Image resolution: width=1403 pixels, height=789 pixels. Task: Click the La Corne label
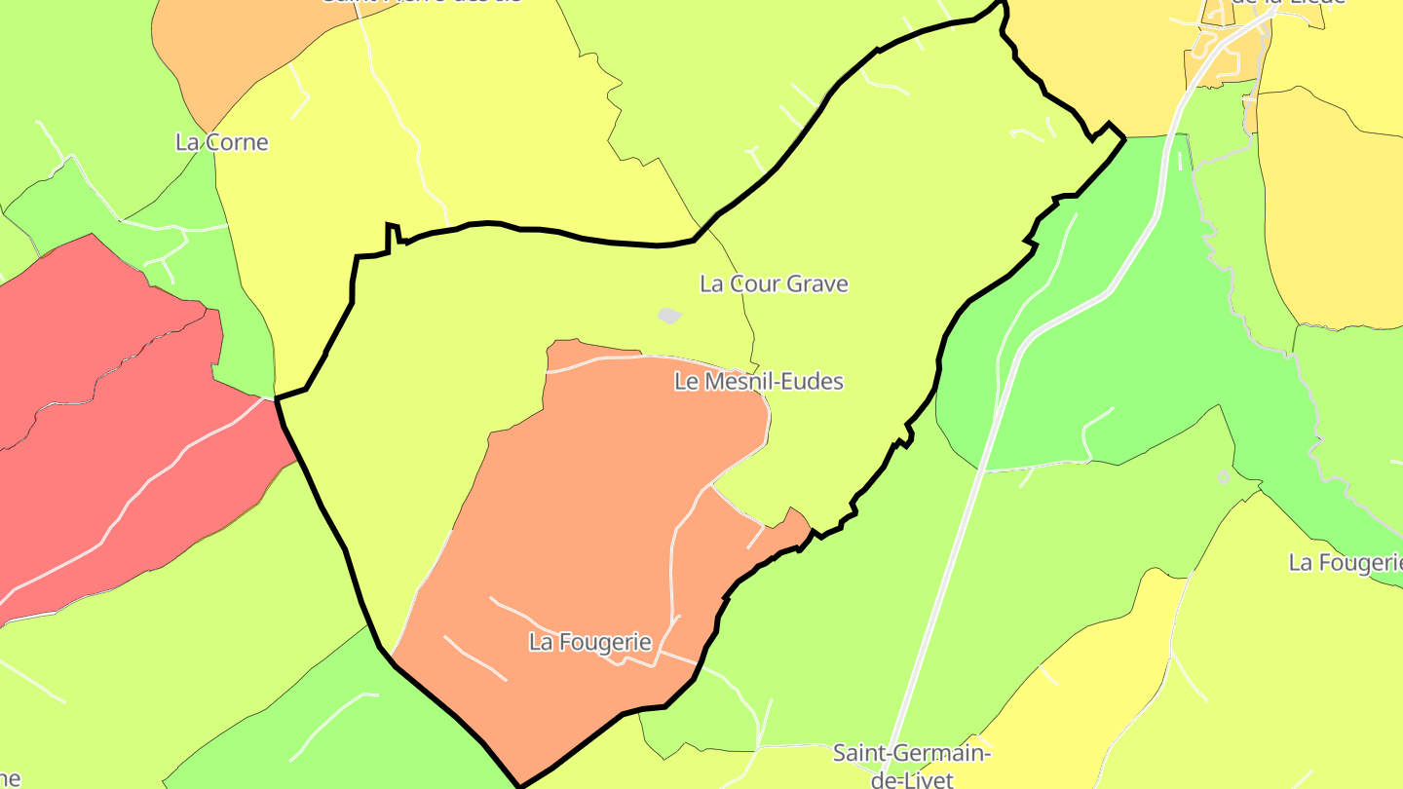tap(221, 142)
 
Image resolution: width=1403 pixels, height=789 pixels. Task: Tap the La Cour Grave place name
tap(774, 284)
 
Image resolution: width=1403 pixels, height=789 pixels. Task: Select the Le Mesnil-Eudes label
tap(758, 382)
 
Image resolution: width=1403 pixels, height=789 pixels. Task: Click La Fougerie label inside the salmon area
tap(589, 642)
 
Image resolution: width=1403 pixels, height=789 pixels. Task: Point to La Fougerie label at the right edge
tap(1345, 563)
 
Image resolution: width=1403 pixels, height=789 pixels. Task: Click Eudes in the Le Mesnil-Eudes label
tap(812, 382)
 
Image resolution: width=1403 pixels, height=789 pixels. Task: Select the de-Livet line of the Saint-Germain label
tap(912, 779)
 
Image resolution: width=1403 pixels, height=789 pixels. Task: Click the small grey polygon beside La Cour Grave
tap(669, 316)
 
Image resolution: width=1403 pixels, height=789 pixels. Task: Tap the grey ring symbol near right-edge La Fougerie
tap(1224, 476)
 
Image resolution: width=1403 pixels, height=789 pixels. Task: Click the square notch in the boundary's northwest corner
tap(393, 234)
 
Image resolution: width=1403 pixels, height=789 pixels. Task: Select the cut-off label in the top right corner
tap(1286, 3)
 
